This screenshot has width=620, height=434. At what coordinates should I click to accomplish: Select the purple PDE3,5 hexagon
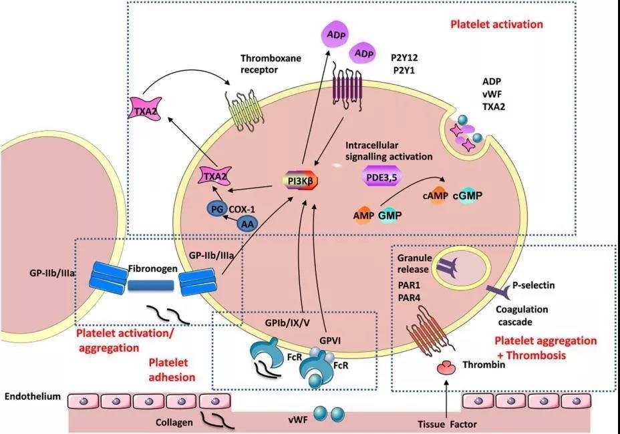381,178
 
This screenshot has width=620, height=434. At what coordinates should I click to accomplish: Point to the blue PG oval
217,210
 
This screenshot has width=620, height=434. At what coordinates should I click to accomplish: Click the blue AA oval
248,224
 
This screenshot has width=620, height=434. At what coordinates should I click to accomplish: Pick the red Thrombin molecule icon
446,368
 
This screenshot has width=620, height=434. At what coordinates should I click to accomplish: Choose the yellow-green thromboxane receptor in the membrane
243,111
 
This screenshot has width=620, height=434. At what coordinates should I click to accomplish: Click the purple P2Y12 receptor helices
347,87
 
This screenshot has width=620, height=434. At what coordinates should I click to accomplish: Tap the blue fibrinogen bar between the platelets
151,286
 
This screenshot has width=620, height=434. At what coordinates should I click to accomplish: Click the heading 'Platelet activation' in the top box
496,25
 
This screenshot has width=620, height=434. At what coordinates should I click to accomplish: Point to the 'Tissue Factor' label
447,425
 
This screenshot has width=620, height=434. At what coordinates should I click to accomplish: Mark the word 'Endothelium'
33,397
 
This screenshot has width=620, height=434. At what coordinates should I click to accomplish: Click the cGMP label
468,195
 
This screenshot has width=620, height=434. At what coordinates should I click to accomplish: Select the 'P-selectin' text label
533,285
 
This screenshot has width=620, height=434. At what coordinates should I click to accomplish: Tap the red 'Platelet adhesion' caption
172,370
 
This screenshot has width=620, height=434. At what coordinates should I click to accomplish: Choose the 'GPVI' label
330,341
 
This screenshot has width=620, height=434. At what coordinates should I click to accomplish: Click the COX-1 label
242,209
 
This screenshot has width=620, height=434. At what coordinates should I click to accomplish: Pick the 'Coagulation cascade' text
522,315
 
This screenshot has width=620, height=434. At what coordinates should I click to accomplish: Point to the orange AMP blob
363,216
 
